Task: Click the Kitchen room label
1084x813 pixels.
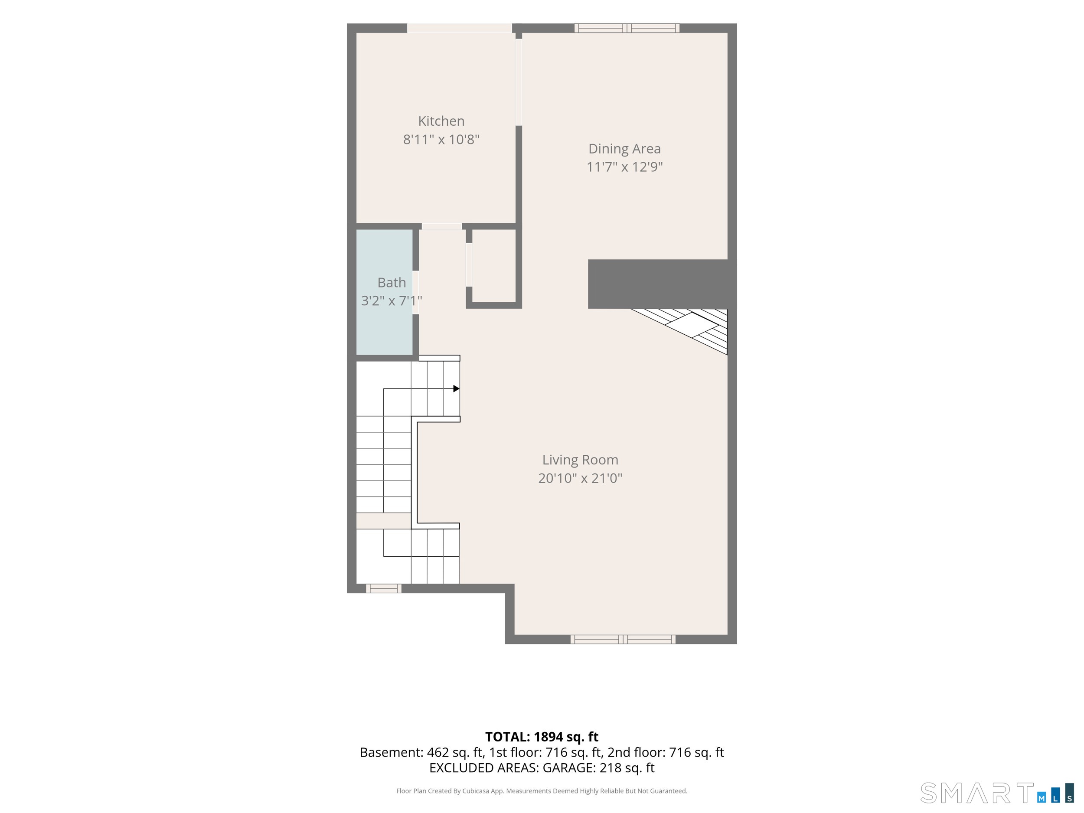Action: (x=441, y=121)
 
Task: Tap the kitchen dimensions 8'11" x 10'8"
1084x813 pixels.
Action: (x=441, y=140)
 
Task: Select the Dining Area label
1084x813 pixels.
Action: (x=624, y=148)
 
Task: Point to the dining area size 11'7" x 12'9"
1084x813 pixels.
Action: (x=624, y=167)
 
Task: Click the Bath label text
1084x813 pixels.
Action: (x=392, y=283)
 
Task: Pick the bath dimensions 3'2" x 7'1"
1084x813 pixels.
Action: (x=392, y=300)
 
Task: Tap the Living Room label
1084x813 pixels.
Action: (x=580, y=460)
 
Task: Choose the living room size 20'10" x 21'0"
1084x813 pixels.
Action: (x=580, y=478)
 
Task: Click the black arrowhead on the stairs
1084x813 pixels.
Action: (x=456, y=389)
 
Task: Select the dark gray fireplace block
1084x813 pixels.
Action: (x=662, y=284)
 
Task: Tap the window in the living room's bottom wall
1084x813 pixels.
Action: (x=623, y=639)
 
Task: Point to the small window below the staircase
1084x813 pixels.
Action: (x=384, y=588)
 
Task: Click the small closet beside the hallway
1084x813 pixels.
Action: (x=494, y=266)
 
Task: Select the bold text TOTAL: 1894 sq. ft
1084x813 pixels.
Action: (x=542, y=737)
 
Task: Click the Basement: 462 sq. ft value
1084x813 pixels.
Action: (x=421, y=753)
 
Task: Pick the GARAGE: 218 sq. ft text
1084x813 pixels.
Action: (x=598, y=768)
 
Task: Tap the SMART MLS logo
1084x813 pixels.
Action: (x=997, y=793)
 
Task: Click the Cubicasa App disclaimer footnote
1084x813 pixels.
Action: (x=542, y=791)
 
